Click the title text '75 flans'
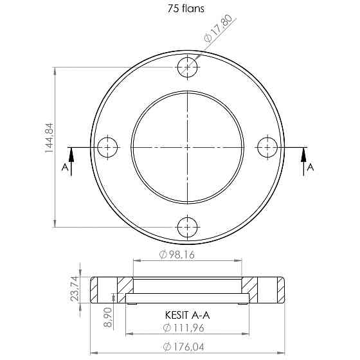click(x=186, y=9)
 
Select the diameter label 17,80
click(x=218, y=29)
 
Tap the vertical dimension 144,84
click(x=49, y=138)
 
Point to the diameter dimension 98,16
click(x=177, y=255)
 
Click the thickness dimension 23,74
click(x=75, y=289)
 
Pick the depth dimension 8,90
click(x=108, y=318)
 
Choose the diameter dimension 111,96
click(x=184, y=328)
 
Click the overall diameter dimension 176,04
click(x=184, y=346)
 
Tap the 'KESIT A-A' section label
click(x=187, y=315)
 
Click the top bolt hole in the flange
click(x=188, y=67)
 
